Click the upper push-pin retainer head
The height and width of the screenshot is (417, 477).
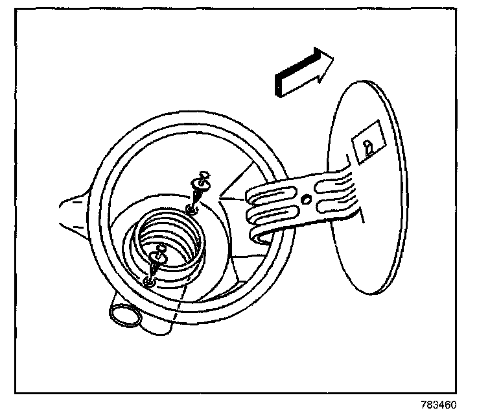pyautogui.click(x=205, y=177)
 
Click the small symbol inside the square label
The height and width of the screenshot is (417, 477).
pyautogui.click(x=368, y=147)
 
